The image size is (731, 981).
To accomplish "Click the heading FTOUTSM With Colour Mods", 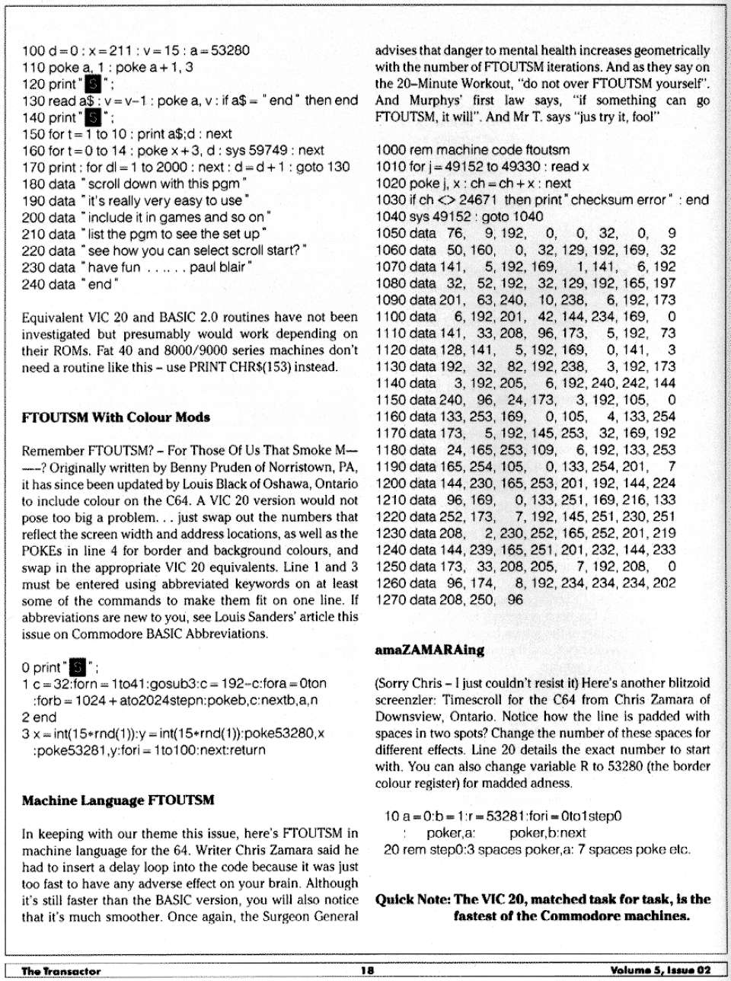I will coord(116,417).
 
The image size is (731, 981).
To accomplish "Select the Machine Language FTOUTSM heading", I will coord(118,800).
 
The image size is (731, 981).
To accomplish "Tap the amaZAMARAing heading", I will coord(429,650).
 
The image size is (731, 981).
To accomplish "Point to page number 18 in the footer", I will coord(367,970).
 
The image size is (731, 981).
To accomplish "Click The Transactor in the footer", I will coord(61,971).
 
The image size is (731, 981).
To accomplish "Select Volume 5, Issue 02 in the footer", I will coord(660,970).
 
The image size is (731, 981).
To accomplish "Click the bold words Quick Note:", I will coord(413,900).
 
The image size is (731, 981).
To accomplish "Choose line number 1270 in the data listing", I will coord(391,599).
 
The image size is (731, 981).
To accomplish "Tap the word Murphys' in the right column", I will coord(436,101).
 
